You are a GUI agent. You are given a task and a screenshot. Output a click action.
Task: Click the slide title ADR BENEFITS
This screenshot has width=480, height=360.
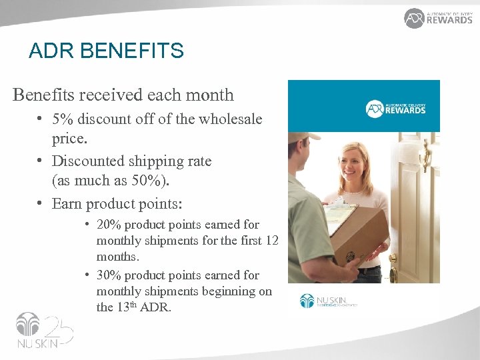pos(106,51)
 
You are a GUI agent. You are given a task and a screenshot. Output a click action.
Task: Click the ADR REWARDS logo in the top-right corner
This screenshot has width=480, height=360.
pos(438,18)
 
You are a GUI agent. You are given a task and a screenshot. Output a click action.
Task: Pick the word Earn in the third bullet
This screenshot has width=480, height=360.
pos(67,203)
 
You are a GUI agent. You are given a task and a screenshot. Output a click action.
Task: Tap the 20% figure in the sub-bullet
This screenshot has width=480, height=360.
pos(109,225)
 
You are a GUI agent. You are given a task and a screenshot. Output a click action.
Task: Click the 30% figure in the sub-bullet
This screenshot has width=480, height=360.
pos(109,275)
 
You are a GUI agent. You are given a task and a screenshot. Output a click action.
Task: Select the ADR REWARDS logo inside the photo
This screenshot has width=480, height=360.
pos(395,109)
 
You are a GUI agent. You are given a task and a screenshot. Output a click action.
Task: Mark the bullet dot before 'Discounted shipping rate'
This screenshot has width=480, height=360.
pos(41,161)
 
